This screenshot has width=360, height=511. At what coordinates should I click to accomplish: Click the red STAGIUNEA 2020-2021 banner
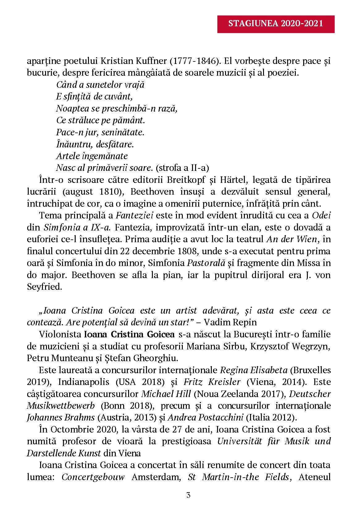[x=276, y=24]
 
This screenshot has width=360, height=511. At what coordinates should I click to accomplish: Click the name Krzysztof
[x=270, y=346]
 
